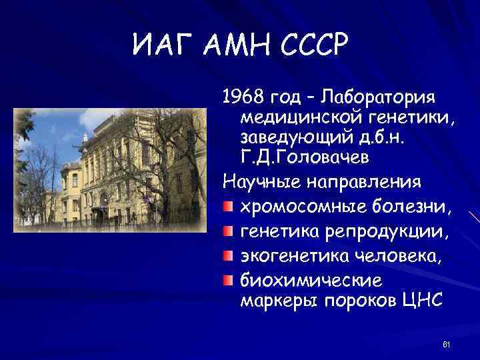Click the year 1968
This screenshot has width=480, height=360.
[x=242, y=99]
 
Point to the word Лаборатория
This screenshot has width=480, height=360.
[x=378, y=99]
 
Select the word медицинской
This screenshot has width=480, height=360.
[x=297, y=119]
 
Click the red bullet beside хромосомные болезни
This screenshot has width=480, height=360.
[x=228, y=209]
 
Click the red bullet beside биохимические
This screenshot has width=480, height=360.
[x=228, y=277]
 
